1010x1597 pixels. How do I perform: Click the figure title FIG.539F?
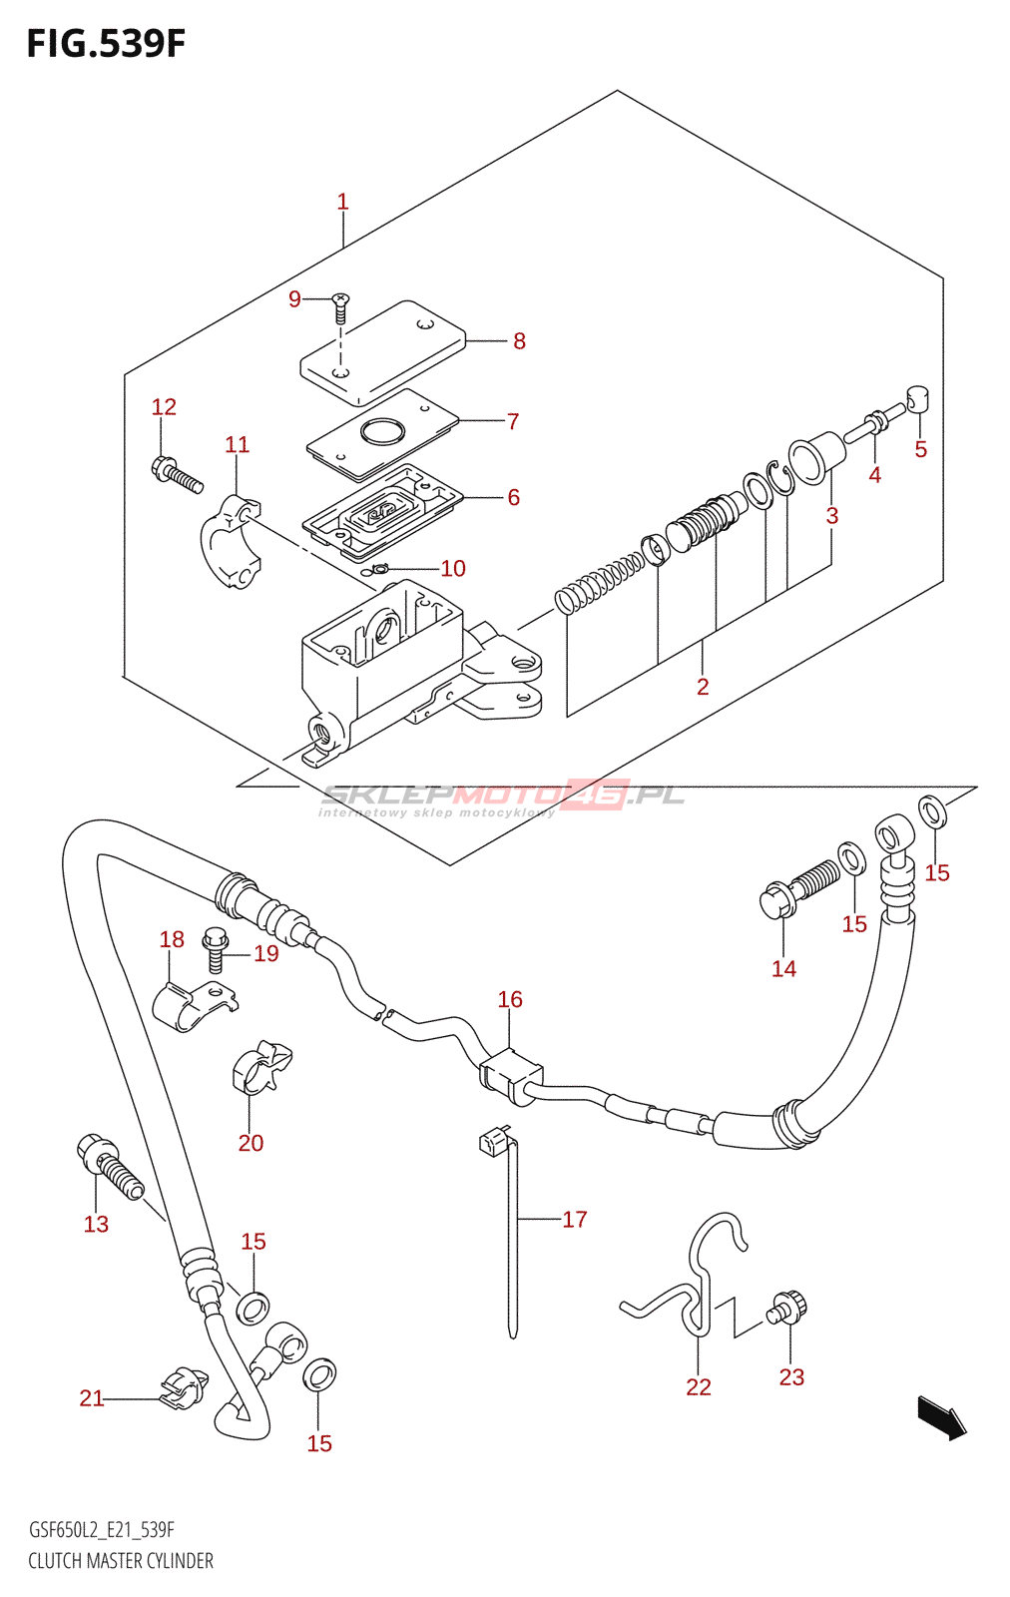[x=106, y=44]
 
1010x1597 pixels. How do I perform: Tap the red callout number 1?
[x=343, y=202]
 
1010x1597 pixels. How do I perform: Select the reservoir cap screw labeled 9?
[x=340, y=308]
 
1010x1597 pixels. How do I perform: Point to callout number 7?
[x=512, y=421]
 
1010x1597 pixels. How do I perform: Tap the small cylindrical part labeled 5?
[x=918, y=399]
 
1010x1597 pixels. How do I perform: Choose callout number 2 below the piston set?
[x=703, y=687]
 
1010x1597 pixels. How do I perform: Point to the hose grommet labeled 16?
[x=510, y=1077]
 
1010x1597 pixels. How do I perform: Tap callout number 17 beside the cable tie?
[x=575, y=1219]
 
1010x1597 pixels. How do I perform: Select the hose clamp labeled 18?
[x=196, y=1007]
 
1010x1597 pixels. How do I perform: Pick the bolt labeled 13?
[x=109, y=1168]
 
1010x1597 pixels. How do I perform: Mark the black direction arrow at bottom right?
[x=942, y=1418]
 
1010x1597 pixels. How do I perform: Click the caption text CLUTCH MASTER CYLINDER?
[x=121, y=1561]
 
